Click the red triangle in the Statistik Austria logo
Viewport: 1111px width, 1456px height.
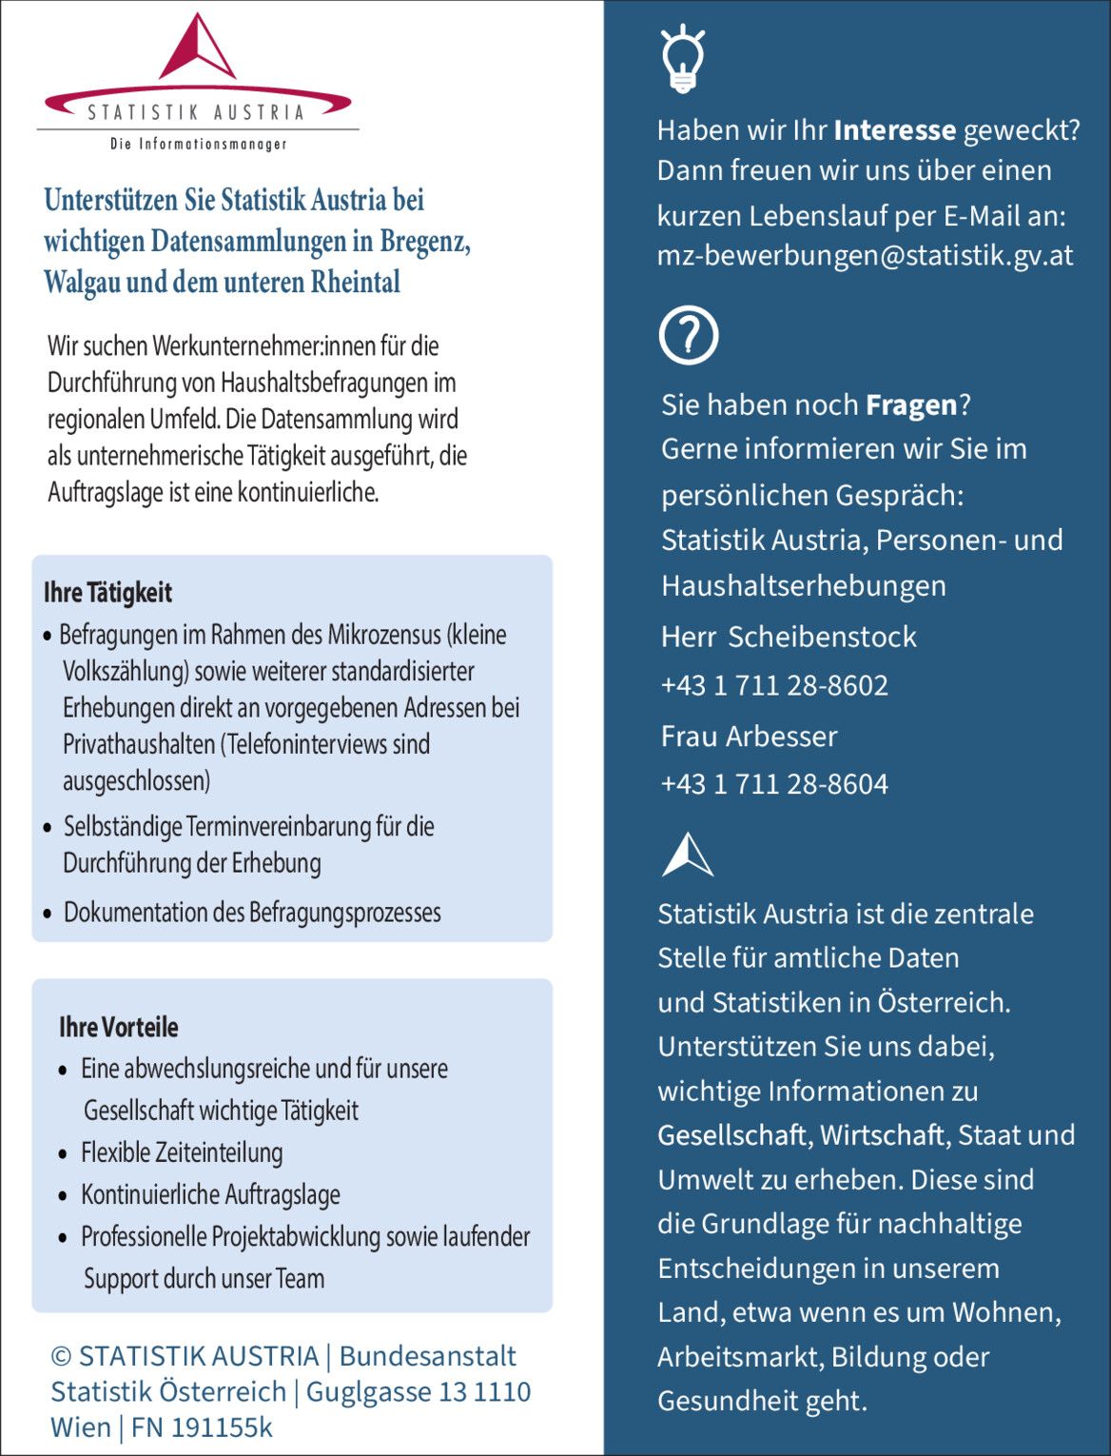click(x=197, y=51)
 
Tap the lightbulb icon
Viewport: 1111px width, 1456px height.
click(x=682, y=59)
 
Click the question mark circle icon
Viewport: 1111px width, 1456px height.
click(x=688, y=335)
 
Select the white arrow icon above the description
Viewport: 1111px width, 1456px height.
click(x=687, y=855)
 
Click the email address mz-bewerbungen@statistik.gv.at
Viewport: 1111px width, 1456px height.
click(x=865, y=256)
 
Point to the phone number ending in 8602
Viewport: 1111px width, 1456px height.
click(x=774, y=685)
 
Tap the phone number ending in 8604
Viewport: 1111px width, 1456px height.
click(x=774, y=784)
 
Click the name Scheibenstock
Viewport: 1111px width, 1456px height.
click(x=822, y=637)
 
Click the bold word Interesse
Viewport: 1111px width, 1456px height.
click(x=894, y=130)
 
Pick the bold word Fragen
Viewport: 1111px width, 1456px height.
click(x=910, y=405)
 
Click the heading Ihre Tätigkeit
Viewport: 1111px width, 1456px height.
click(x=107, y=593)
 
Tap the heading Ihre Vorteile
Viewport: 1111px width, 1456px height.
click(x=119, y=1028)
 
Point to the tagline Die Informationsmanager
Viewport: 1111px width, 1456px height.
click(x=198, y=145)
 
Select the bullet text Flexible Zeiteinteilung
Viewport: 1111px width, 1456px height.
click(x=182, y=1152)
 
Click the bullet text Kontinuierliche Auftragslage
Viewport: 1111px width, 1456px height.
click(x=210, y=1194)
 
